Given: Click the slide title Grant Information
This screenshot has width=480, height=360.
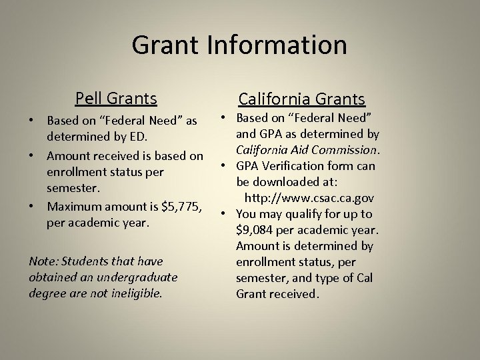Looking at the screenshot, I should pos(239,45).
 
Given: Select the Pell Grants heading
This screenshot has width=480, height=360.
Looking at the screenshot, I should pos(116,99).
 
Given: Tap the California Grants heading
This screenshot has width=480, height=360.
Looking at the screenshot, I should pos(302,99).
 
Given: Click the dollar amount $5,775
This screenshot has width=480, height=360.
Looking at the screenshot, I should pos(179,206).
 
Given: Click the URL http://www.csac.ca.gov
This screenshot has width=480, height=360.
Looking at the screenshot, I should pos(309,198).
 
